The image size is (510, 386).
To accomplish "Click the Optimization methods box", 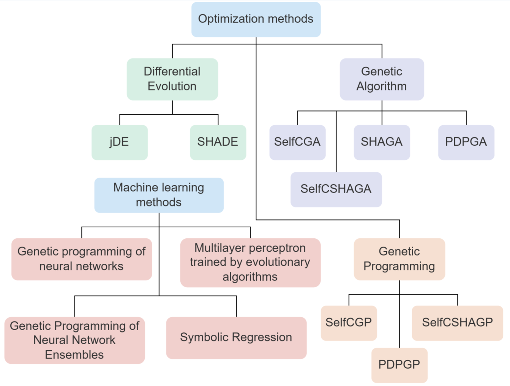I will (x=256, y=19).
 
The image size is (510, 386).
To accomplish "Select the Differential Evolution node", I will (x=172, y=79).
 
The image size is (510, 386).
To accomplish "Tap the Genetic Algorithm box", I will (x=381, y=79).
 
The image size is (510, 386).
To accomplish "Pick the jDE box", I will (x=119, y=142).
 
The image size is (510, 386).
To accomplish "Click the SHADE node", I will (x=218, y=142).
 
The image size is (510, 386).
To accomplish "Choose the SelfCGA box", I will (x=297, y=142).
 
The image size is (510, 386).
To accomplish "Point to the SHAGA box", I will (x=381, y=142).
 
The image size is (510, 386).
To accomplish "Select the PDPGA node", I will (x=466, y=142).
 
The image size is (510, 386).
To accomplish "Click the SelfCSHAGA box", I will (x=336, y=189).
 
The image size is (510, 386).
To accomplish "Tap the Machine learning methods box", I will (x=159, y=195).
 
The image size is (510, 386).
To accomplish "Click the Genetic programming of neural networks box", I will (x=81, y=259).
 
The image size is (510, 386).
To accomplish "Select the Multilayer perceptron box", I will (x=250, y=262).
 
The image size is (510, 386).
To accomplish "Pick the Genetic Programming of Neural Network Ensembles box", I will (x=74, y=340).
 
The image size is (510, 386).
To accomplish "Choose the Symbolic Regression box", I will (x=236, y=337).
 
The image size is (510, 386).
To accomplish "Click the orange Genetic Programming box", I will (x=399, y=259).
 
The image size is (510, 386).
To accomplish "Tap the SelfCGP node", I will (x=348, y=323).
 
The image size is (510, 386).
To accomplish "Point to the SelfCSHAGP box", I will (x=457, y=323).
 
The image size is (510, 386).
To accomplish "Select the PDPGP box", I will (x=399, y=365).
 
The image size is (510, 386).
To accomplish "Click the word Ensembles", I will (x=74, y=355).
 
